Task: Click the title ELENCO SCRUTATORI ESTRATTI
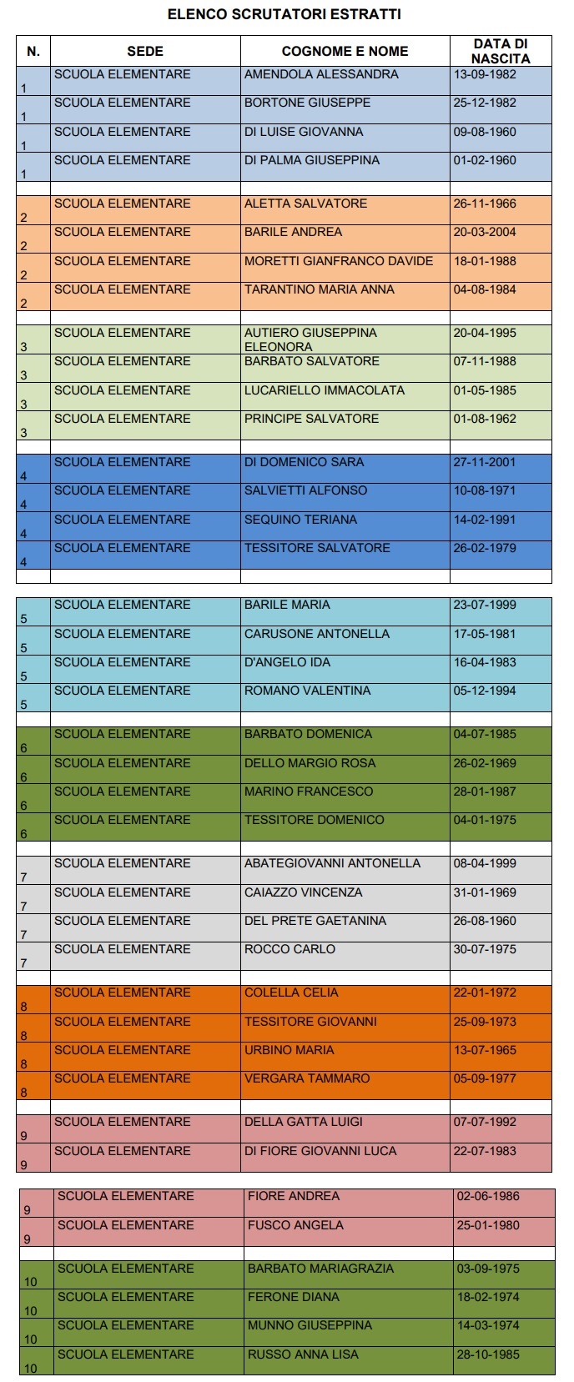pyautogui.click(x=284, y=14)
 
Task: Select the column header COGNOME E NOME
pyautogui.click(x=345, y=51)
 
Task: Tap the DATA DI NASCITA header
pyautogui.click(x=500, y=51)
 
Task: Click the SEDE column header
pyautogui.click(x=145, y=51)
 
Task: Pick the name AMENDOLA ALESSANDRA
pyautogui.click(x=321, y=74)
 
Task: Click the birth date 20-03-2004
pyautogui.click(x=485, y=232)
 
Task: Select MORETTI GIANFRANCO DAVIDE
pyautogui.click(x=339, y=261)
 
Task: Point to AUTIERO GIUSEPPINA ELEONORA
pyautogui.click(x=310, y=339)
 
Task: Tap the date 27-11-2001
pyautogui.click(x=485, y=462)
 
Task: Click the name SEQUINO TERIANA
pyautogui.click(x=300, y=520)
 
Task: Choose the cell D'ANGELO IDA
pyautogui.click(x=287, y=662)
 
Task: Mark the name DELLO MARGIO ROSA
pyautogui.click(x=310, y=763)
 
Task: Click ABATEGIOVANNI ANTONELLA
pyautogui.click(x=332, y=863)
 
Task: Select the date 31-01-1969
pyautogui.click(x=485, y=892)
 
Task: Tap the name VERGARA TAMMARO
pyautogui.click(x=307, y=1078)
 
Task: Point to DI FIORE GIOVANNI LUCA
pyautogui.click(x=320, y=1151)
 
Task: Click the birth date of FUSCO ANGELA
pyautogui.click(x=488, y=1225)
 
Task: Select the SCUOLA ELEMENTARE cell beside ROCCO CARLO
pyautogui.click(x=123, y=949)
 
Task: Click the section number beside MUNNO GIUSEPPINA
pyautogui.click(x=30, y=1339)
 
